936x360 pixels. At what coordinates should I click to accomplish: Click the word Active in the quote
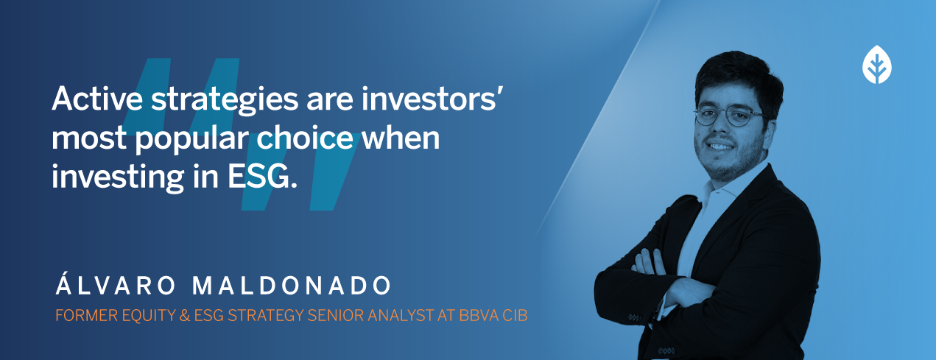tap(97, 99)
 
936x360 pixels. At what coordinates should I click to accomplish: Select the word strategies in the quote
tap(225, 101)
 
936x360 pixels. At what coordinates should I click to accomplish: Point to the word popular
tap(191, 139)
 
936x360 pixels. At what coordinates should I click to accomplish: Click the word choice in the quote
tap(305, 137)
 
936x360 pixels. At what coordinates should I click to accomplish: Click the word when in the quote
tap(401, 137)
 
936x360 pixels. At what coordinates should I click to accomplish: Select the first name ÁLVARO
tap(116, 284)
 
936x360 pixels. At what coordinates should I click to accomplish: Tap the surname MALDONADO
tap(291, 286)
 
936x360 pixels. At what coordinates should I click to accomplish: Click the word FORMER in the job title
tap(85, 315)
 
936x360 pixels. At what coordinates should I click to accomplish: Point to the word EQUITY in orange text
tap(149, 316)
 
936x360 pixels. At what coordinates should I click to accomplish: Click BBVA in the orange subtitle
tap(479, 315)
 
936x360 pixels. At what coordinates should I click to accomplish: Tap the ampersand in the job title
tap(185, 315)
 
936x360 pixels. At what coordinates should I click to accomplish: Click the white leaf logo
tap(876, 64)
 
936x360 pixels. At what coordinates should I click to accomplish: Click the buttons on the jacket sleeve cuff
tap(635, 318)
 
